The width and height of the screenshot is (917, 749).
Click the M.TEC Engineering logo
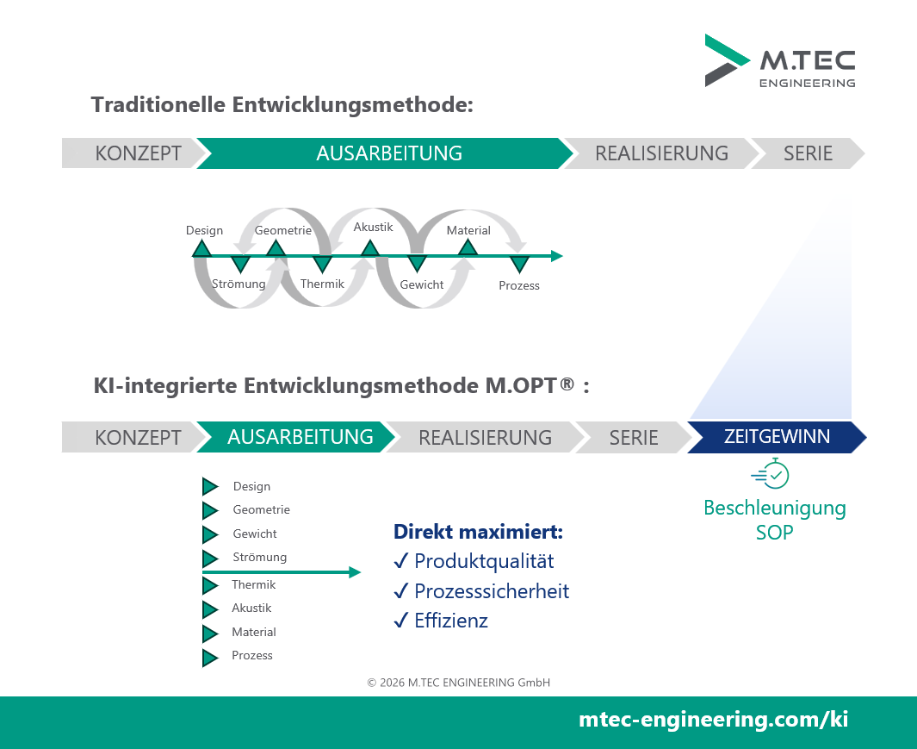click(x=780, y=61)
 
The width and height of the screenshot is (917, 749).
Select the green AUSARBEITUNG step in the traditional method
click(x=385, y=153)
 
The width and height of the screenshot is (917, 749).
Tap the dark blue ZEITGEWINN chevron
click(x=777, y=437)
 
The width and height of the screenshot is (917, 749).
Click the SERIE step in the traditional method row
click(x=808, y=153)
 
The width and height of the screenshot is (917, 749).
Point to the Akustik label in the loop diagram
click(x=373, y=227)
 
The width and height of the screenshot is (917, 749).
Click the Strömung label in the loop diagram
click(x=239, y=284)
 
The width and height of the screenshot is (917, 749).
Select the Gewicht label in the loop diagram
click(x=422, y=284)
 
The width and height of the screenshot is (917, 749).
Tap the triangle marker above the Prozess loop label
click(x=519, y=265)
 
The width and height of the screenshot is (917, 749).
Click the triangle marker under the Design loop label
click(x=201, y=248)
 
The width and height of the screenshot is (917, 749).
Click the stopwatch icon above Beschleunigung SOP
click(x=771, y=474)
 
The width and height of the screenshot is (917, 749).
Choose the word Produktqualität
click(x=484, y=561)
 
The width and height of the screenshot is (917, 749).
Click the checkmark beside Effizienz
click(x=400, y=620)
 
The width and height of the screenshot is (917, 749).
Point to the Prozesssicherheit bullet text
click(x=492, y=591)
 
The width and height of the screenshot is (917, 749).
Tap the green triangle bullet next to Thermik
click(x=210, y=585)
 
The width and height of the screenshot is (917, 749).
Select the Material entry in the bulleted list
click(x=254, y=632)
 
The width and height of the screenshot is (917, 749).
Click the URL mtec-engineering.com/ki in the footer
click(x=714, y=719)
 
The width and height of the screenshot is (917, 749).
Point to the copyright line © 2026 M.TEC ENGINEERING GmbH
click(x=458, y=683)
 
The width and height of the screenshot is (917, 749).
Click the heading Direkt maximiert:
click(x=479, y=532)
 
